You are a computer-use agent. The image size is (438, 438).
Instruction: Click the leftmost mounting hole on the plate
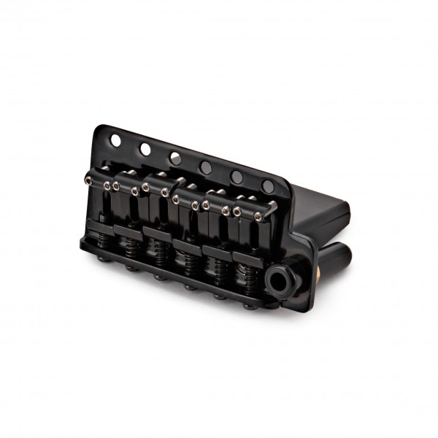115,139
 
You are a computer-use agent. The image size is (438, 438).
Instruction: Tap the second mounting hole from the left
145,149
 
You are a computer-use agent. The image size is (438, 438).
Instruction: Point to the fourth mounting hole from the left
206,167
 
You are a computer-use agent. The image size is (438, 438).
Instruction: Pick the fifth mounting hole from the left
237,176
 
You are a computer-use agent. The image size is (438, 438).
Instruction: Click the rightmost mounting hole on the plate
268,185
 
